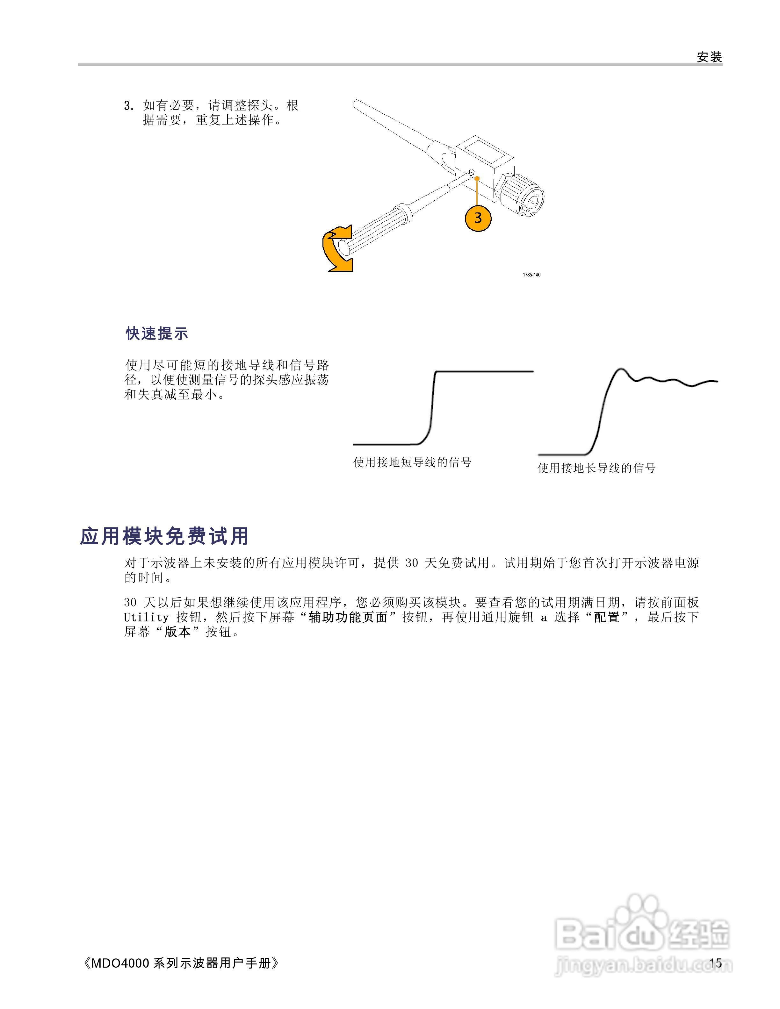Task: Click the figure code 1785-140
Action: [x=531, y=275]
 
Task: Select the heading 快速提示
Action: [x=157, y=333]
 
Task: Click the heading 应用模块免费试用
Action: [x=164, y=536]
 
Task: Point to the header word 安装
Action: [x=709, y=57]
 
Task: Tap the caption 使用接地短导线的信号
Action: [x=412, y=462]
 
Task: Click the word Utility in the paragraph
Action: [x=146, y=618]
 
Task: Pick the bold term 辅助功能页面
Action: [x=348, y=618]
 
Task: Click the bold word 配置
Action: [x=607, y=618]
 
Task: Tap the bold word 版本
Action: [x=177, y=632]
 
